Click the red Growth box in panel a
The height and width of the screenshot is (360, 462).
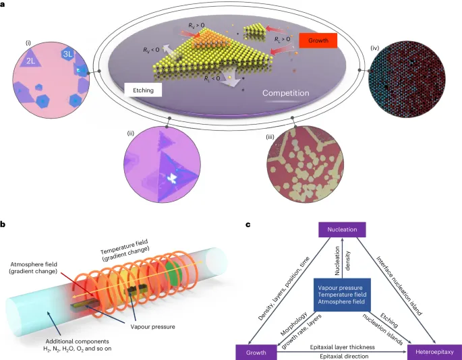coord(318,40)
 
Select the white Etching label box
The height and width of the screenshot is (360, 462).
coord(143,90)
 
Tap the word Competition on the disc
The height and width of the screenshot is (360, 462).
coord(286,93)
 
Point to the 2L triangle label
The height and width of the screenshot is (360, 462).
coord(30,61)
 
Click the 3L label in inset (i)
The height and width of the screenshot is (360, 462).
coord(67,54)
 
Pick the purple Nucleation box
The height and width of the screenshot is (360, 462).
coord(342,229)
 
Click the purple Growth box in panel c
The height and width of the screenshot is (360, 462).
coord(256,353)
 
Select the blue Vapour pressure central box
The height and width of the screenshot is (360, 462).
coord(342,295)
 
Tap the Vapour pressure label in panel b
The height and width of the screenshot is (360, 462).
coord(152,327)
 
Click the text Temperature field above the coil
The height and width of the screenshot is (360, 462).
coord(124,247)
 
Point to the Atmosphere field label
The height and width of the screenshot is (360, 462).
coord(34,264)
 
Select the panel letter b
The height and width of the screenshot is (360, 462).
coord(3,225)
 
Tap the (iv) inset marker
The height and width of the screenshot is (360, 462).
coord(375,48)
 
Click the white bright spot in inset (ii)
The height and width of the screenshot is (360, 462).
coord(172,178)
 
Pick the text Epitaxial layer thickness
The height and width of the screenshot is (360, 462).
coord(343,347)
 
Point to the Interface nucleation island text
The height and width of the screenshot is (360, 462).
coord(399,286)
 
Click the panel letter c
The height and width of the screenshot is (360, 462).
coord(248,225)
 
